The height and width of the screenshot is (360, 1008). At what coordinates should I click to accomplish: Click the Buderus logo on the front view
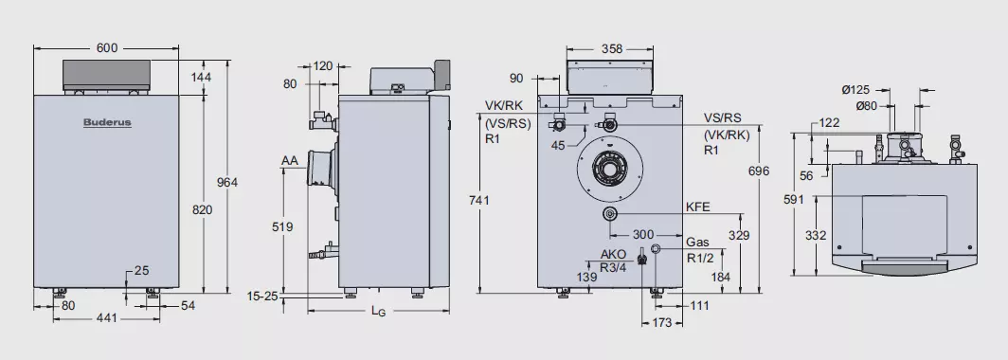click(107, 123)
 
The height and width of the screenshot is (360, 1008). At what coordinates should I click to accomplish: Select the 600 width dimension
click(107, 47)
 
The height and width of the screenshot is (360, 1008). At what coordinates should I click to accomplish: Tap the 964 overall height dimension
click(226, 183)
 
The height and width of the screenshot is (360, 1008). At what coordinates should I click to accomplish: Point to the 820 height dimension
click(203, 209)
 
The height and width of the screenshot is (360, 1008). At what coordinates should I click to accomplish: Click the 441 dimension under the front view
click(107, 317)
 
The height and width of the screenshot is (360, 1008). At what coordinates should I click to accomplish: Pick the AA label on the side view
click(290, 160)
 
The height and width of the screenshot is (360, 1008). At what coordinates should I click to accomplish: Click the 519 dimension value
click(282, 227)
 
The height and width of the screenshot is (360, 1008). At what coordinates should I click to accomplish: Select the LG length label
click(379, 311)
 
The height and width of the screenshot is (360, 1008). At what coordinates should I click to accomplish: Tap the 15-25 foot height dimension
click(263, 296)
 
